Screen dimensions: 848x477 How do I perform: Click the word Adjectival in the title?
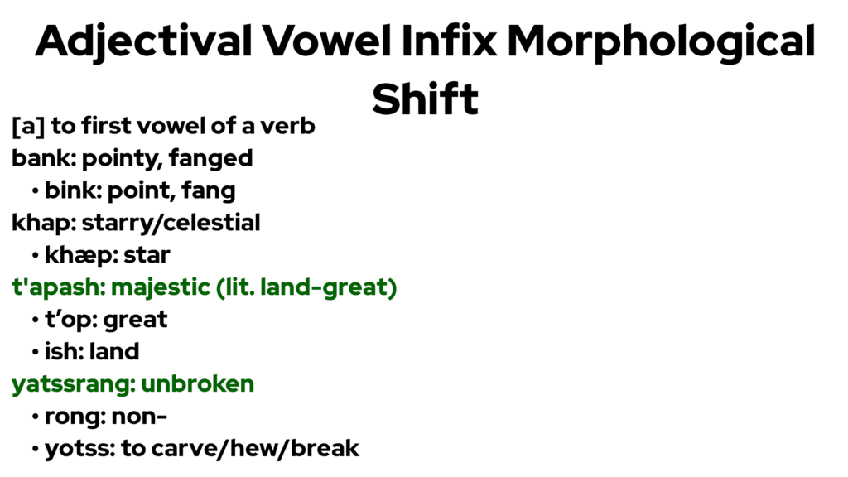point(143,42)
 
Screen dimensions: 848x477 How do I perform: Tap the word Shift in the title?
point(425,99)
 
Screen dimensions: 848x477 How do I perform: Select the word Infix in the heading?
point(449,41)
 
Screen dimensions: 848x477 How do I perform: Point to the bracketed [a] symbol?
point(28,126)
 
